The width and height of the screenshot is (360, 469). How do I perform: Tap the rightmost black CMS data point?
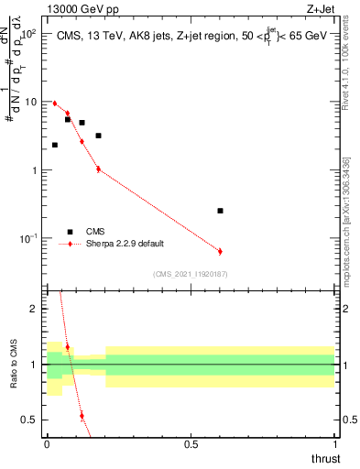pos(220,211)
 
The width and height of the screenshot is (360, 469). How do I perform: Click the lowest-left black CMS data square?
pos(55,145)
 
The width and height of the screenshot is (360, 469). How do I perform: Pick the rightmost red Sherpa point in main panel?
pos(220,251)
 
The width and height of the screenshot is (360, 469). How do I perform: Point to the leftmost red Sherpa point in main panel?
pos(55,104)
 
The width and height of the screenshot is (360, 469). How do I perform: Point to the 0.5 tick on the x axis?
pos(191,443)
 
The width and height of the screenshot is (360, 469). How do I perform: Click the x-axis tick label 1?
pos(334,443)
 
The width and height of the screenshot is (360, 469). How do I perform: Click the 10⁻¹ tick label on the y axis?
pos(27,239)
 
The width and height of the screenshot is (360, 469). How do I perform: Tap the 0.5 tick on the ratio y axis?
pos(30,420)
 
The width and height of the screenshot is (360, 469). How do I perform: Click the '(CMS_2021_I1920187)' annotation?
pos(191,273)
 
